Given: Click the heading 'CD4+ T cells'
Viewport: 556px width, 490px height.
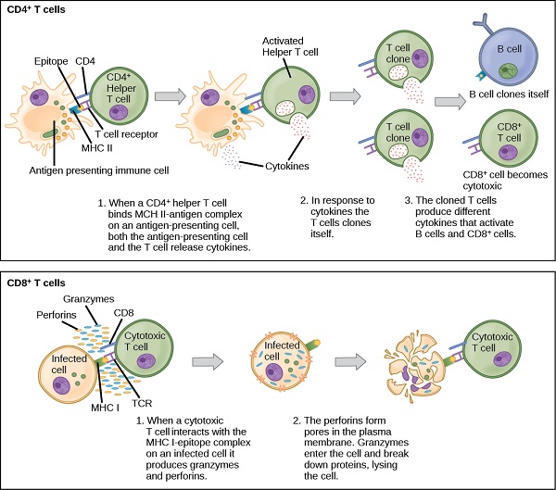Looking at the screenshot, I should pos(32,8).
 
